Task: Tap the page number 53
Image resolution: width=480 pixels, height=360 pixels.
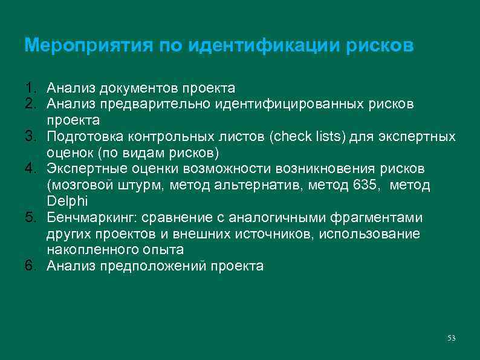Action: click(451, 338)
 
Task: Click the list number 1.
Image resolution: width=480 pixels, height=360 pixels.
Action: click(31, 90)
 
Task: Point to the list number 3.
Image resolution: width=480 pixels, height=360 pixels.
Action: click(31, 136)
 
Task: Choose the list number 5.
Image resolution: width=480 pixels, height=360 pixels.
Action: click(31, 218)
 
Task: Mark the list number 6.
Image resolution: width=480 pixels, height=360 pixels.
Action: click(31, 265)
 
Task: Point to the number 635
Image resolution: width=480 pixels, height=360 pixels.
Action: click(364, 185)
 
